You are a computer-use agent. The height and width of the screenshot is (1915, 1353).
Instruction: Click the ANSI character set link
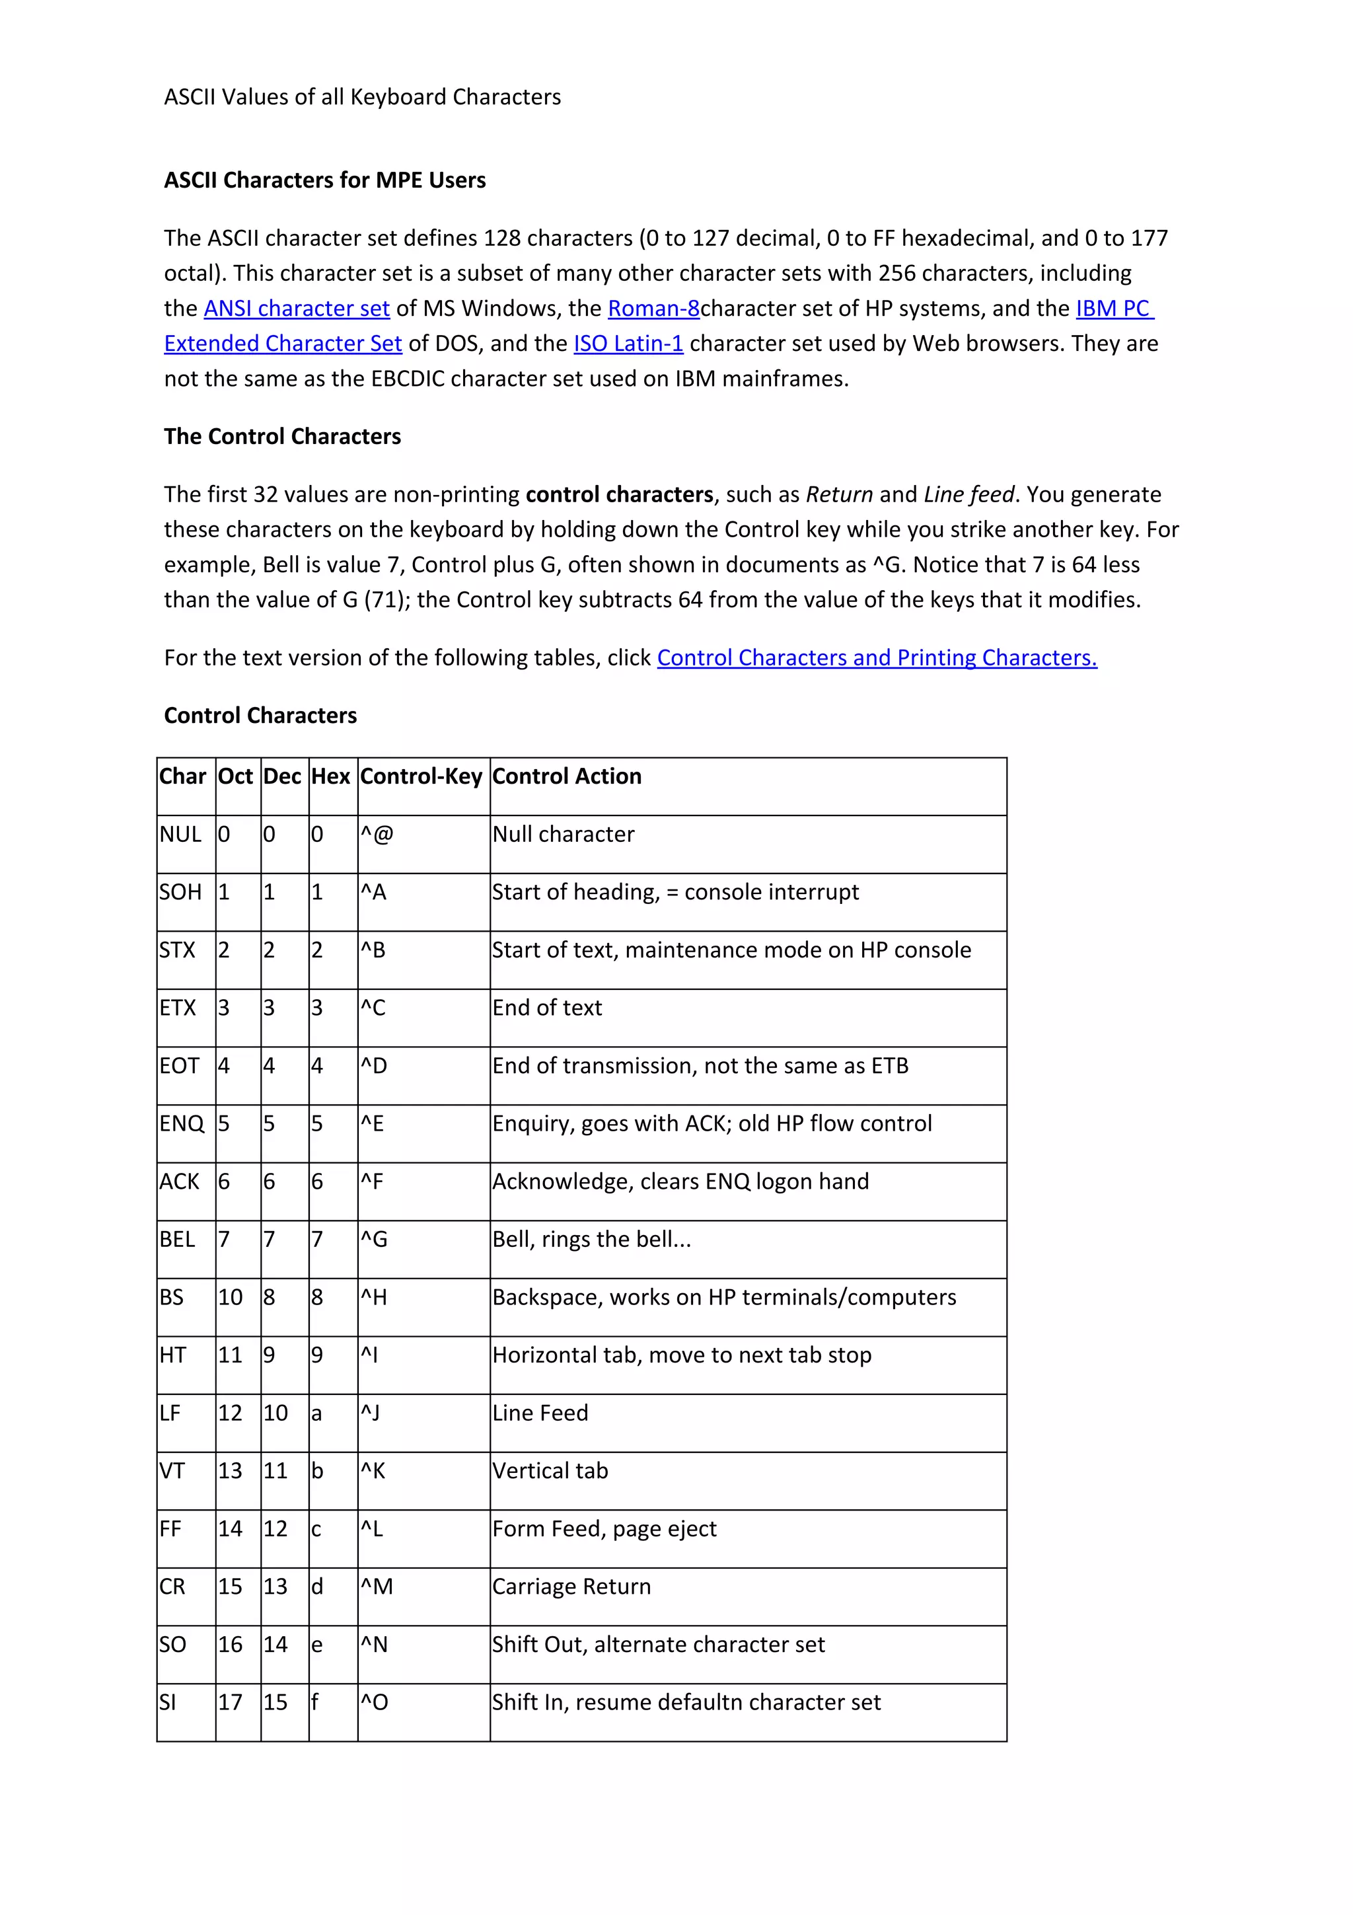coord(297,309)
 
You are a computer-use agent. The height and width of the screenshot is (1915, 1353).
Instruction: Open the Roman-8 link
coord(653,309)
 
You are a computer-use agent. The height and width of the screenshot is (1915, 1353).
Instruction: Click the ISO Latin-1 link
coord(628,344)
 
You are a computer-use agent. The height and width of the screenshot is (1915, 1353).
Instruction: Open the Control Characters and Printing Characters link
coord(876,658)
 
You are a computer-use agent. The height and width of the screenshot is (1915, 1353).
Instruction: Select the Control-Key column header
coord(421,776)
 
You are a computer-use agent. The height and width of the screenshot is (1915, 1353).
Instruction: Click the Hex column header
coord(330,776)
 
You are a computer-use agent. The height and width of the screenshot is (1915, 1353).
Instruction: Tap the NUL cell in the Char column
coord(181,834)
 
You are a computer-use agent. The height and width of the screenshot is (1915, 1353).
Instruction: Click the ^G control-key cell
coord(375,1240)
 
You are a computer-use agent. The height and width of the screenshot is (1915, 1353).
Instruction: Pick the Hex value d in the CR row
coord(317,1587)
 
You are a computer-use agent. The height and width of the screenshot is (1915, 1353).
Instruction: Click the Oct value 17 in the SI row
coord(230,1702)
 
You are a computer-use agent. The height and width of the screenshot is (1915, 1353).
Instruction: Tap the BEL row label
coord(177,1240)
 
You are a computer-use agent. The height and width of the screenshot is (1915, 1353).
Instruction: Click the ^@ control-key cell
coord(377,834)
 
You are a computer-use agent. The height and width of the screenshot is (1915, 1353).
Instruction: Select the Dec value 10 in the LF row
coord(275,1413)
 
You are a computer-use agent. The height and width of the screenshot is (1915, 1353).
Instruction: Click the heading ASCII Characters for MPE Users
coord(324,180)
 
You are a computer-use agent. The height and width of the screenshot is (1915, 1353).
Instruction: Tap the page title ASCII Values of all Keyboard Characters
coord(362,98)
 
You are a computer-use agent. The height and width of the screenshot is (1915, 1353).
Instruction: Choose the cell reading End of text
coord(547,1008)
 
